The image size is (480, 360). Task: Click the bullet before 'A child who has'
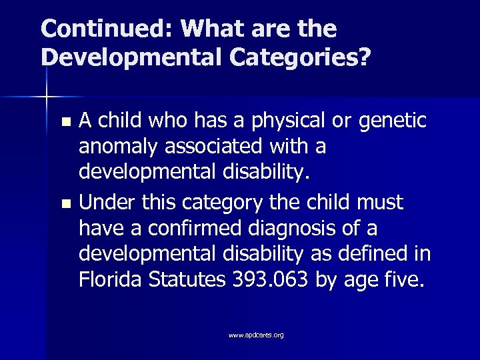pos(65,123)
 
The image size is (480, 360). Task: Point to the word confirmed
pos(188,228)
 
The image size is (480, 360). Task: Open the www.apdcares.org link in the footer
pos(256,335)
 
